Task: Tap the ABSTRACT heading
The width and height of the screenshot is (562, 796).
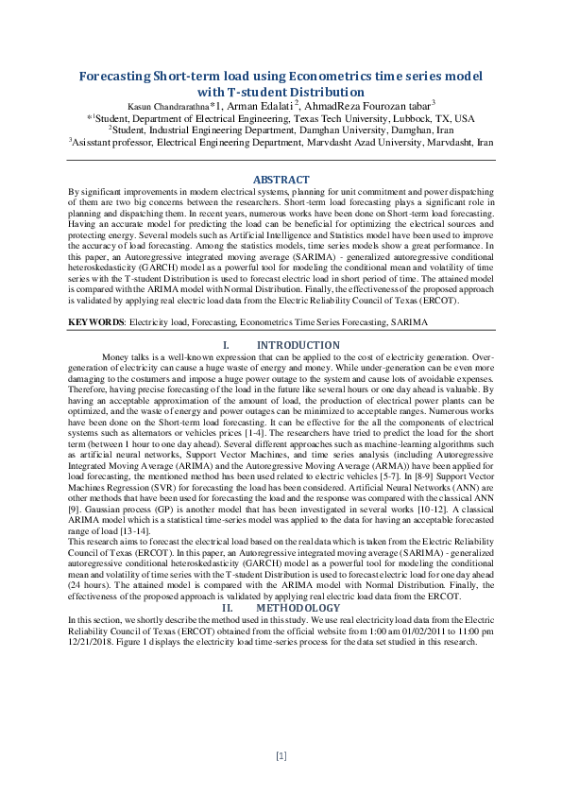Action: pos(281,180)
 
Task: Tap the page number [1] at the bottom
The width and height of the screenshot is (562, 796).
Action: pos(281,755)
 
